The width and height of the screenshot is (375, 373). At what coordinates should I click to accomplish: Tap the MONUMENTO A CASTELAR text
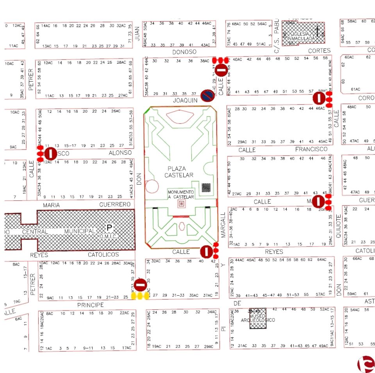pyautogui.click(x=180, y=195)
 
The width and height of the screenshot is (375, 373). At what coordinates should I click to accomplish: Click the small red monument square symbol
pyautogui.click(x=181, y=203)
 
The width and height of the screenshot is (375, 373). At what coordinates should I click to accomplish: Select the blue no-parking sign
pyautogui.click(x=207, y=95)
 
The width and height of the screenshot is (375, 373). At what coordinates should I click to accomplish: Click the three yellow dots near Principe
pyautogui.click(x=141, y=296)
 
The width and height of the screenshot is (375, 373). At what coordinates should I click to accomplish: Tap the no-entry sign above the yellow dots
pyautogui.click(x=141, y=285)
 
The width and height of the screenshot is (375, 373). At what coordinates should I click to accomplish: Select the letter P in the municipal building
pyautogui.click(x=109, y=227)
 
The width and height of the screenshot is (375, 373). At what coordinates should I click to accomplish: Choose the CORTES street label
pyautogui.click(x=319, y=51)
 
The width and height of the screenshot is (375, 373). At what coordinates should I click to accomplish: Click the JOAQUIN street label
pyautogui.click(x=186, y=100)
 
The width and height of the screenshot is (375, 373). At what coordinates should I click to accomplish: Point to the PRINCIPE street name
pyautogui.click(x=90, y=305)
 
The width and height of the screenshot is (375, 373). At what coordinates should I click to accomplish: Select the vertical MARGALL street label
pyautogui.click(x=223, y=225)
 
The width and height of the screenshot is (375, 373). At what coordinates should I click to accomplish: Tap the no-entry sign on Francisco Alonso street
pyautogui.click(x=50, y=153)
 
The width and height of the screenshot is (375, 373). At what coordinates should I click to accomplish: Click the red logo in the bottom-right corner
pyautogui.click(x=366, y=364)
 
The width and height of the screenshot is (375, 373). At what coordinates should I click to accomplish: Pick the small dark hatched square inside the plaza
pyautogui.click(x=206, y=187)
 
